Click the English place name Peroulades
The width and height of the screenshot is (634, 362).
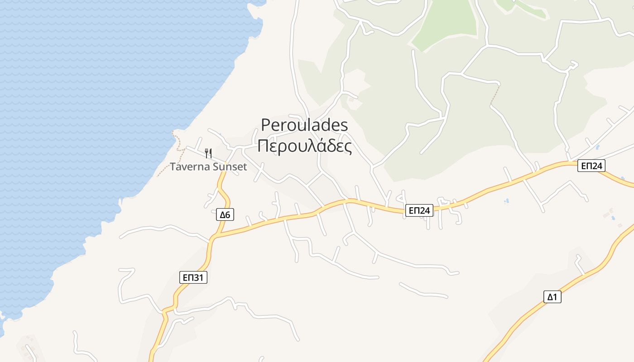click(304, 125)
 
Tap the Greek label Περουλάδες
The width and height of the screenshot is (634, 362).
click(304, 146)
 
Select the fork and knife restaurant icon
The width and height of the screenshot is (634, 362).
click(208, 153)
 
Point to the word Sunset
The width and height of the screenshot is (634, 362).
click(229, 167)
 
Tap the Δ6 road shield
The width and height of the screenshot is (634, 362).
click(225, 214)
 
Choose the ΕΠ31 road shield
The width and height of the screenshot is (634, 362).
click(193, 277)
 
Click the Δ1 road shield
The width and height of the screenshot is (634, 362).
click(552, 297)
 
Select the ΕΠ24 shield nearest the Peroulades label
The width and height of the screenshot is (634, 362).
click(419, 210)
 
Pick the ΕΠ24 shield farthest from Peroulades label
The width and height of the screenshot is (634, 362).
click(591, 166)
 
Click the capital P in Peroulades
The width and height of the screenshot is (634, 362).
click(266, 125)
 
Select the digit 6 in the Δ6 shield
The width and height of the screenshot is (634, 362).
click(228, 214)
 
